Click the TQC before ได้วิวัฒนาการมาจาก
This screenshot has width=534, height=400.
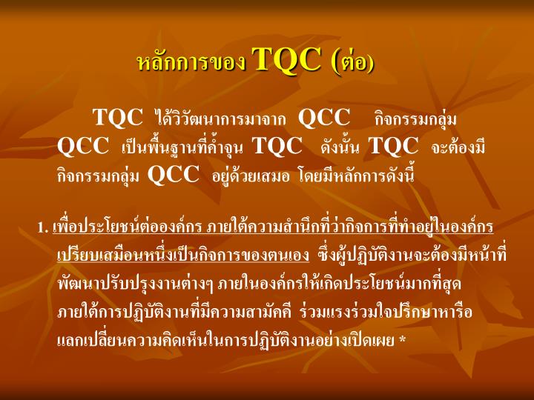(x=117, y=118)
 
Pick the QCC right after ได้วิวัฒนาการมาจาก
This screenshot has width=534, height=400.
(x=324, y=118)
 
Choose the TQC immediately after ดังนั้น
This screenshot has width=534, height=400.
(x=394, y=146)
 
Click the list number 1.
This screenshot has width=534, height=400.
(x=42, y=227)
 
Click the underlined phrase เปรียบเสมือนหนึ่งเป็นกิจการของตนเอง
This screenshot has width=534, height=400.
(x=182, y=255)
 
